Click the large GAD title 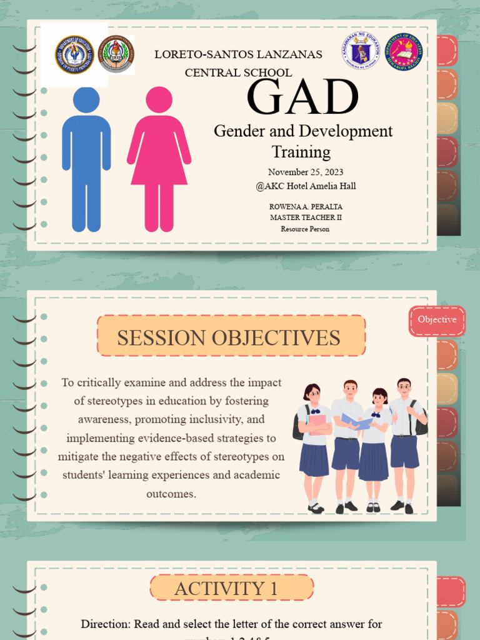[x=303, y=97]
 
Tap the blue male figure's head [x=86, y=100]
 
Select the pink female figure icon [x=159, y=159]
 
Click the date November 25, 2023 [x=306, y=172]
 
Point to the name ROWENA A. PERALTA [x=306, y=206]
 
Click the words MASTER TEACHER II [x=306, y=217]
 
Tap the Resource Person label [x=306, y=229]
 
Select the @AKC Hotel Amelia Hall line [x=306, y=186]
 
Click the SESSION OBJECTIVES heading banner [x=231, y=337]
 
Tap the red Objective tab [x=437, y=320]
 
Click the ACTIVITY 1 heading [x=231, y=588]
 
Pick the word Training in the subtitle [x=301, y=152]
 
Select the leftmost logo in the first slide [x=74, y=54]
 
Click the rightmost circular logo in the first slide [x=404, y=51]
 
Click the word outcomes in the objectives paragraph [x=171, y=494]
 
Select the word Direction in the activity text [x=104, y=624]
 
